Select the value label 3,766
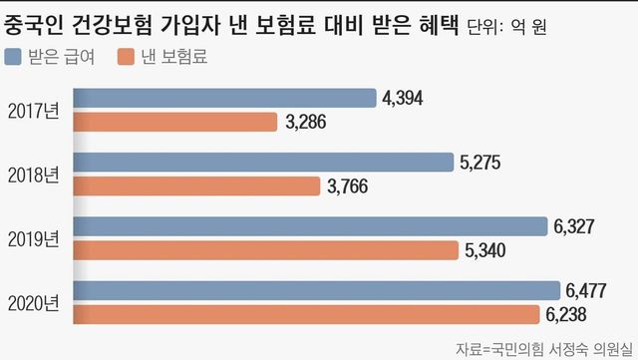pos(349,186)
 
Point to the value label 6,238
pos(566,314)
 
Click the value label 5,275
pos(482,162)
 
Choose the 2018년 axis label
pos(32,174)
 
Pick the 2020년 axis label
pos(32,303)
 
